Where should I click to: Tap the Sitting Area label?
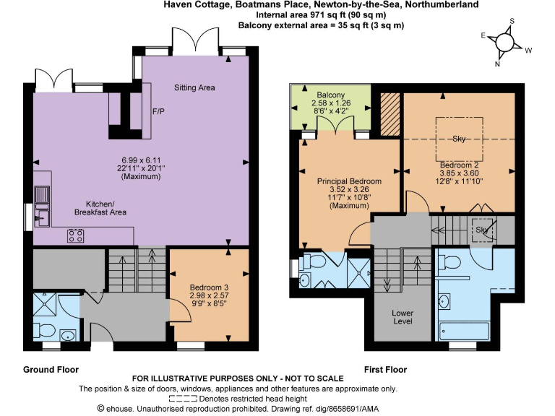[x=194, y=87]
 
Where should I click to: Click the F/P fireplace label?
[x=158, y=112]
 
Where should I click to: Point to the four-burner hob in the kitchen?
[x=76, y=234]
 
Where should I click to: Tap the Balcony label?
[x=330, y=95]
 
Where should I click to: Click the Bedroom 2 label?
[x=459, y=165]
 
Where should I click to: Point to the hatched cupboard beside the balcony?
[x=390, y=113]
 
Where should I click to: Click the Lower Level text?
[x=403, y=316]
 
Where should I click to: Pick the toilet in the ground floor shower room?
[x=45, y=331]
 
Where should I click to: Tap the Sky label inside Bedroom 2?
[x=459, y=139]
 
